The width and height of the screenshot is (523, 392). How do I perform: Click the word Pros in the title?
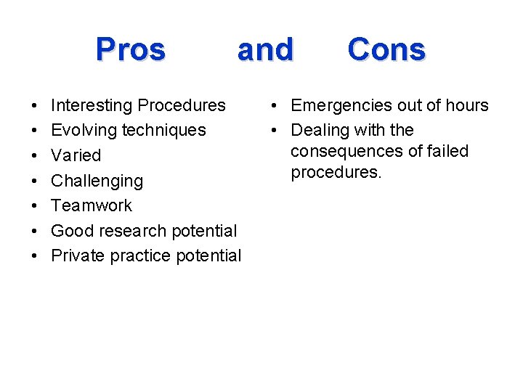[131, 49]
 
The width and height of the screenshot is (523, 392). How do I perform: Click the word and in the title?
[265, 49]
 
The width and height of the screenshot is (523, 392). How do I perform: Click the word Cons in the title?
[386, 49]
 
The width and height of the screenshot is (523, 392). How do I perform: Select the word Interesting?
[92, 105]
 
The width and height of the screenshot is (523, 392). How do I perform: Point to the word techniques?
[164, 131]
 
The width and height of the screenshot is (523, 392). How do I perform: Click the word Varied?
[76, 155]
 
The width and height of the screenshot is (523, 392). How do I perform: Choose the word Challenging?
[97, 181]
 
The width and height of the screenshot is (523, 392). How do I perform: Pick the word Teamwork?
[92, 205]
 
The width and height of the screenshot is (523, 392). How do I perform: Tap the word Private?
[78, 256]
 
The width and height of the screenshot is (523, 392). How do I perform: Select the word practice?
[139, 256]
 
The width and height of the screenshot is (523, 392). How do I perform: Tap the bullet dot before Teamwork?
[36, 206]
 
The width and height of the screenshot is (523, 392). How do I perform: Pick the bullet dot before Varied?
[36, 156]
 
